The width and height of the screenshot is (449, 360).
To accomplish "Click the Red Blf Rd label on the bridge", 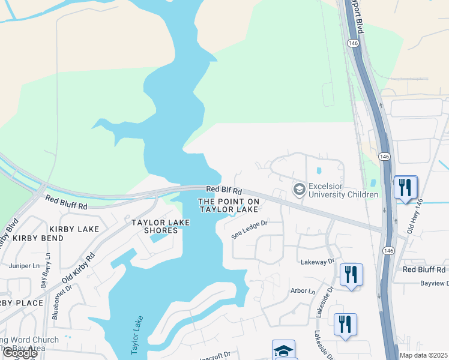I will point(223,190).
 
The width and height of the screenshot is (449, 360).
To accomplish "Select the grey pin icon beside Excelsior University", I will point(298,190).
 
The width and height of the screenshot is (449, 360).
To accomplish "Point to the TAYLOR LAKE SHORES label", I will point(161,226).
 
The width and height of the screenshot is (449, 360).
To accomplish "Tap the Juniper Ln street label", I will point(23,265).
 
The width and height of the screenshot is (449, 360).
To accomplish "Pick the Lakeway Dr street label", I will point(318,262).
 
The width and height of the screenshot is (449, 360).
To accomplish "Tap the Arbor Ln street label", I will point(303,291).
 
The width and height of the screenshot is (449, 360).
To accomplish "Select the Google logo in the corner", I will point(20,353).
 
